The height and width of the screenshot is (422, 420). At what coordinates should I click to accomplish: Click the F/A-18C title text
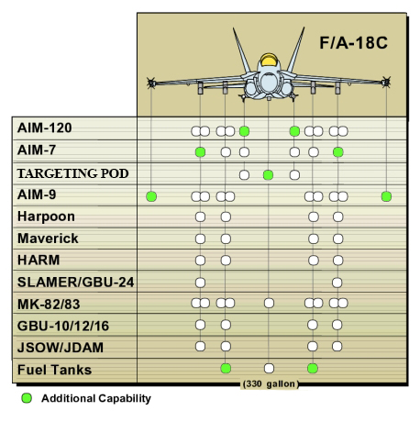pyautogui.click(x=353, y=43)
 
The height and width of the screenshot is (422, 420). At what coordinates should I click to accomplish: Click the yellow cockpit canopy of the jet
pyautogui.click(x=269, y=60)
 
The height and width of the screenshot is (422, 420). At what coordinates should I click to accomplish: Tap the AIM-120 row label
pyautogui.click(x=45, y=128)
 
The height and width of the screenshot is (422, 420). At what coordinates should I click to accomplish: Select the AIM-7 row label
pyautogui.click(x=37, y=150)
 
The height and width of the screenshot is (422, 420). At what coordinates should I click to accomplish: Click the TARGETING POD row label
pyautogui.click(x=72, y=173)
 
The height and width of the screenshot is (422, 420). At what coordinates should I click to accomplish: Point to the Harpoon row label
pyautogui.click(x=46, y=217)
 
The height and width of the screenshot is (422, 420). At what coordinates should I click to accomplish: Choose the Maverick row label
pyautogui.click(x=48, y=239)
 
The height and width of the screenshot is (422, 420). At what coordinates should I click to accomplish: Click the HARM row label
pyautogui.click(x=39, y=260)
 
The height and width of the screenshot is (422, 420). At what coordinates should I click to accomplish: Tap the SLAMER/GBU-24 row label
pyautogui.click(x=75, y=282)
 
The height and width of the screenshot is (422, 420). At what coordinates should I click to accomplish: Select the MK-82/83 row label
pyautogui.click(x=49, y=304)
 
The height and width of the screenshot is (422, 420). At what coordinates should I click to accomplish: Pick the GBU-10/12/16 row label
pyautogui.click(x=63, y=326)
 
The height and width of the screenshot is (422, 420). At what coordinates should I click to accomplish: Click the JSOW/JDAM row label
pyautogui.click(x=61, y=348)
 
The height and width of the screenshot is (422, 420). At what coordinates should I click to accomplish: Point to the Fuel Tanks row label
pyautogui.click(x=54, y=370)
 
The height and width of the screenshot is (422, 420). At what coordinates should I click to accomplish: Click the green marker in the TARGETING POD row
pyautogui.click(x=268, y=175)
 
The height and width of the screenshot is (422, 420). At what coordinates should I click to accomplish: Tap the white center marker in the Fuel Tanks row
pyautogui.click(x=269, y=368)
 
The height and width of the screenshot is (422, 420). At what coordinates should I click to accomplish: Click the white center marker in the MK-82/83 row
pyautogui.click(x=269, y=303)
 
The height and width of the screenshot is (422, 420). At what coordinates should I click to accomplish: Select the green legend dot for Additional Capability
pyautogui.click(x=27, y=398)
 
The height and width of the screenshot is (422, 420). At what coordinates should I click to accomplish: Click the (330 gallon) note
pyautogui.click(x=270, y=383)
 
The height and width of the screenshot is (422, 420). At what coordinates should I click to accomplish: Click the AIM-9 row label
pyautogui.click(x=37, y=194)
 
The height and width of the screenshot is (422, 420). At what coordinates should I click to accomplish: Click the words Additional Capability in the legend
pyautogui.click(x=96, y=398)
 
